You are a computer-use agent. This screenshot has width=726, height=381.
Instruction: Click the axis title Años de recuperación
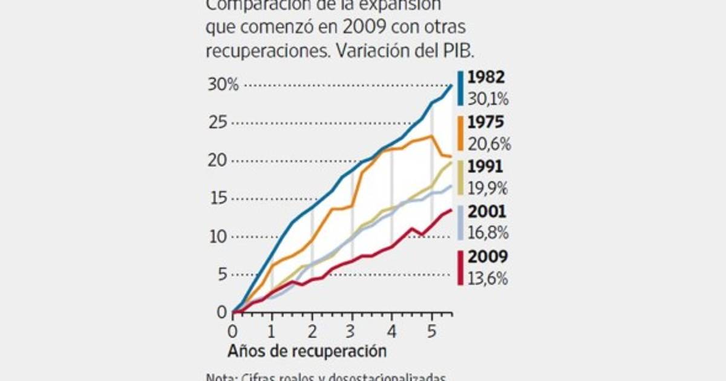click(307, 350)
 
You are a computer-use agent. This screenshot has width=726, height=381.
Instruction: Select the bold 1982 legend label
click(486, 77)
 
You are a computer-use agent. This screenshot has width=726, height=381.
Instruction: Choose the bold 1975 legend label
click(486, 122)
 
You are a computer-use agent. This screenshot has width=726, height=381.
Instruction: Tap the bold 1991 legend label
click(486, 167)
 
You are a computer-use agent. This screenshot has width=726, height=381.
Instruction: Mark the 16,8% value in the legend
click(489, 233)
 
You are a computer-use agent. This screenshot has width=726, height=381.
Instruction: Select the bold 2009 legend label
click(487, 257)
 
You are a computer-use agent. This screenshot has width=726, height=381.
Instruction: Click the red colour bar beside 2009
click(460, 268)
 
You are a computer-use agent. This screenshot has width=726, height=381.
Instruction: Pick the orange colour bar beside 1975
click(460, 133)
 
